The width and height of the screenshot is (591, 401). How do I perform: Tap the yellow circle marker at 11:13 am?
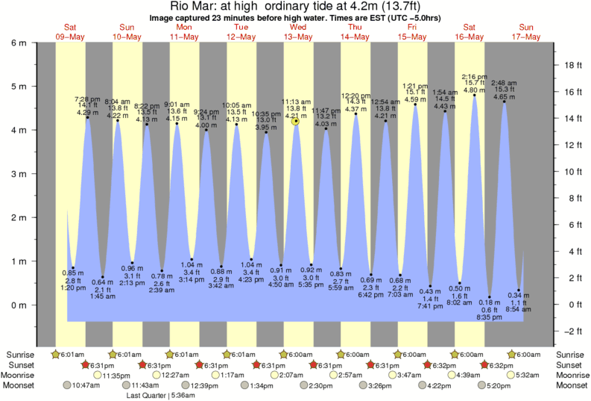[296, 121]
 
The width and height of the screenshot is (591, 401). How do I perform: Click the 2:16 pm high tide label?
[474, 77]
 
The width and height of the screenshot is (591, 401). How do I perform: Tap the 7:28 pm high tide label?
[86, 99]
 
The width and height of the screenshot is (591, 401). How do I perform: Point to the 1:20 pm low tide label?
[72, 287]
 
